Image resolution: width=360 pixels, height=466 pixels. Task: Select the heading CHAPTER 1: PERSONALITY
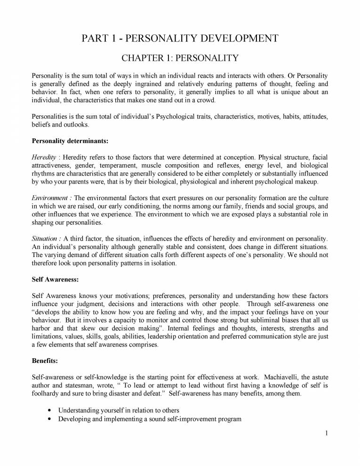pyautogui.click(x=180, y=58)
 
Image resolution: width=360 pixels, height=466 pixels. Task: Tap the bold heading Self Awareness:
pyautogui.click(x=55, y=279)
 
